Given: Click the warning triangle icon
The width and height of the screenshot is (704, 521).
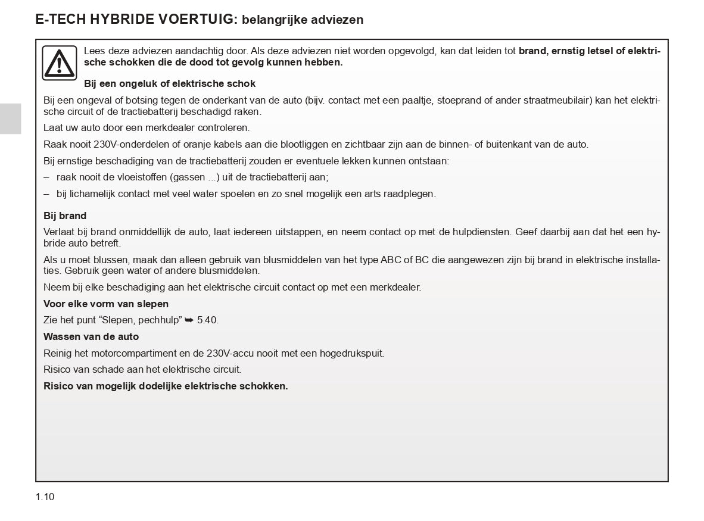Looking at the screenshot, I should pos(60,63).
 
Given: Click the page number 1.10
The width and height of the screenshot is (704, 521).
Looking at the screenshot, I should pos(45,497).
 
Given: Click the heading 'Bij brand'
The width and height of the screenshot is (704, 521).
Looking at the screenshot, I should pos(65,216).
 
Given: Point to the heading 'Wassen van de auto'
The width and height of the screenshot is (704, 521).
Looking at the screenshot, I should pos(91,336).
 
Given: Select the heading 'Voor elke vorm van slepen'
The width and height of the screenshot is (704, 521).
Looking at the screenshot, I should pos(106,304).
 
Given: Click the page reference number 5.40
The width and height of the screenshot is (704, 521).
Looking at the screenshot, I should pos(207,320).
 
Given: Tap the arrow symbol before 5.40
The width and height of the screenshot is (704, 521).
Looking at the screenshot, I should pos(189,320).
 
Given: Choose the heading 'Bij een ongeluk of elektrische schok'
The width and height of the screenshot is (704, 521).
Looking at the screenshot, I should pos(170,83).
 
